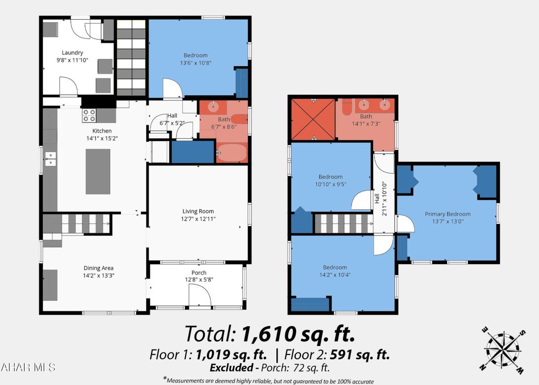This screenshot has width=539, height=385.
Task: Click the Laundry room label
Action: coord(72,53)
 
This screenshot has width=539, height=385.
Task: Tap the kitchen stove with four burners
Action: coord(89,115)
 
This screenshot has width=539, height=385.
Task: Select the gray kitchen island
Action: coord(98,171)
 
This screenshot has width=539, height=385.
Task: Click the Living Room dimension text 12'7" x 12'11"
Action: coord(198,219)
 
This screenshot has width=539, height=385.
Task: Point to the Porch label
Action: coord(199,272)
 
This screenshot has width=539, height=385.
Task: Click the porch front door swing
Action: coord(199,297)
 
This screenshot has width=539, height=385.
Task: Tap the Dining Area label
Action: coord(98,268)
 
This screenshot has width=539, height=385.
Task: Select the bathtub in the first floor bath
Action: coord(232,154)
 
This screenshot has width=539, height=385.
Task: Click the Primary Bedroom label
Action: coord(448,214)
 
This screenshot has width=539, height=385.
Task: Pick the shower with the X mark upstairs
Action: coord(313,119)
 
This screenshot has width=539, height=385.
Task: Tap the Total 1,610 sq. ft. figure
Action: coord(269,334)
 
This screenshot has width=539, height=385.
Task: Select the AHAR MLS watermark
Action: coord(28,367)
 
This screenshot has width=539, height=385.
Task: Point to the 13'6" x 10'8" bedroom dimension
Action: coord(195,63)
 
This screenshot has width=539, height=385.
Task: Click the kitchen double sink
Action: coord(50,158)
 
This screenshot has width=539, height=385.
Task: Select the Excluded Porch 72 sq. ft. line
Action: coord(269,368)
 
